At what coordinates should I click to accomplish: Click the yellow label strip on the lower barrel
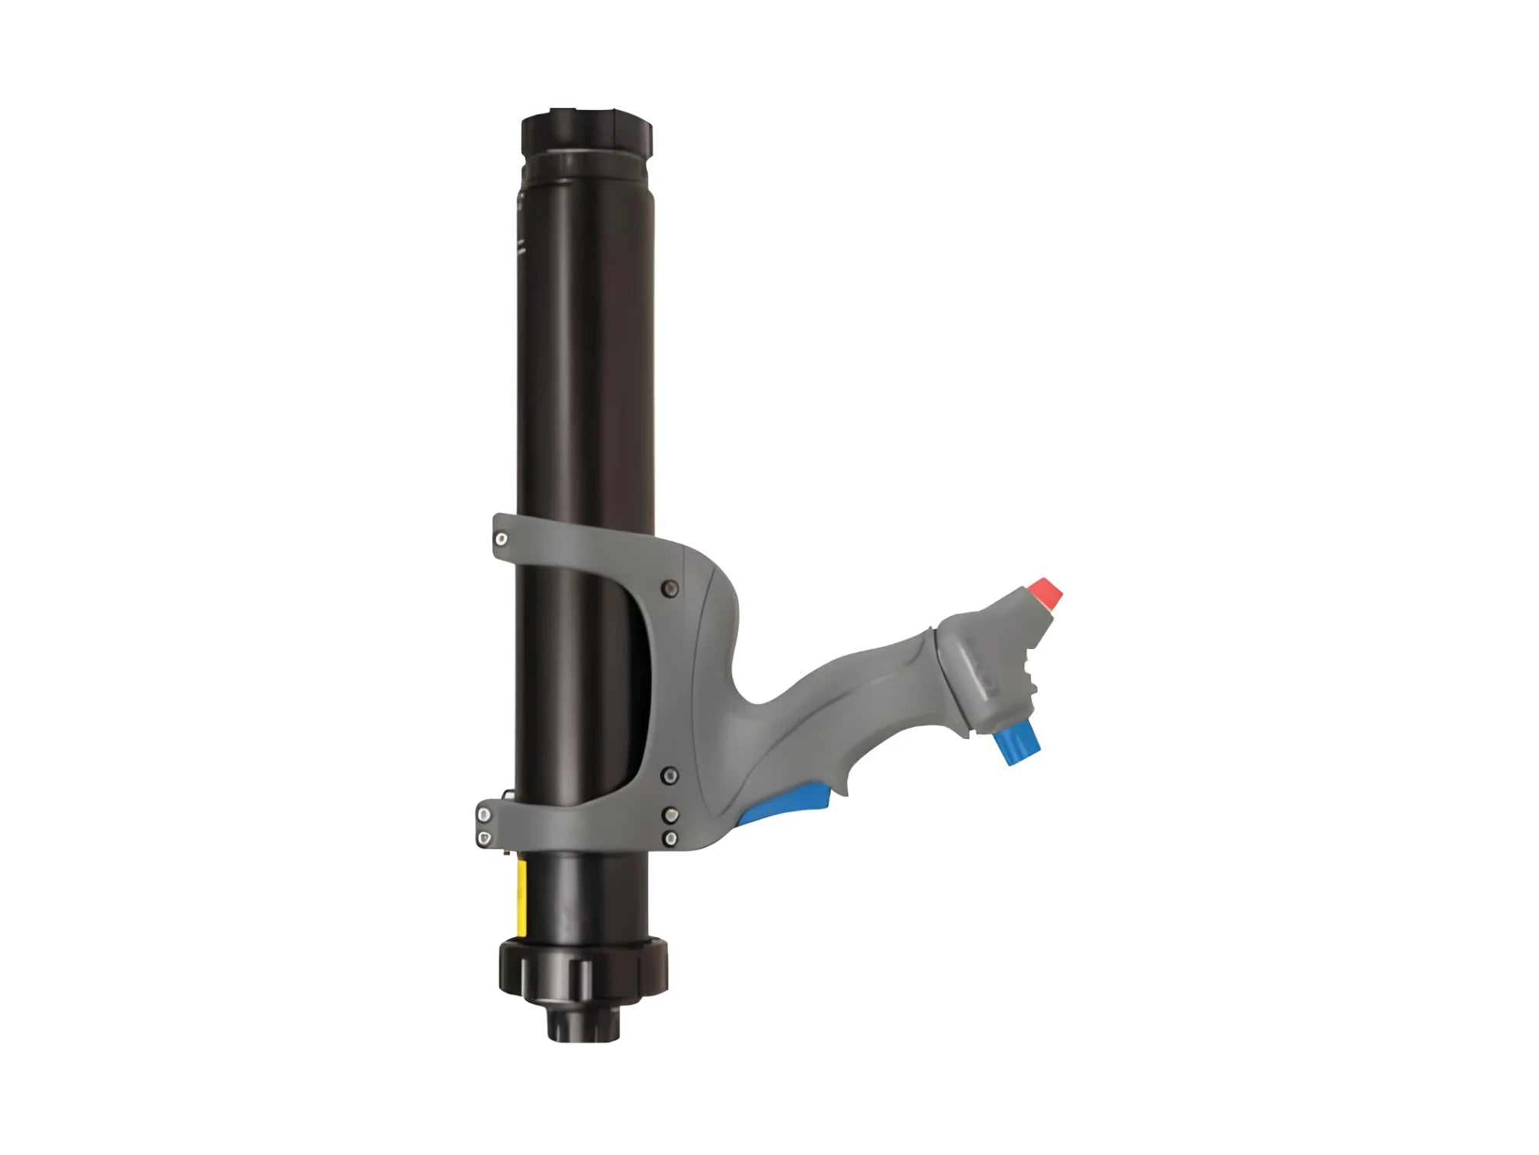[x=522, y=898]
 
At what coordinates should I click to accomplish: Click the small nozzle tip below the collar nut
[x=583, y=1021]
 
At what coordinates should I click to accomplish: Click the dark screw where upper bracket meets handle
[x=670, y=589]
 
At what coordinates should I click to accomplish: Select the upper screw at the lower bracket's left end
[x=484, y=815]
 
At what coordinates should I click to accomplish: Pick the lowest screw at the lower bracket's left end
[x=484, y=837]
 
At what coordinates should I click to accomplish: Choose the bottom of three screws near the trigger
[x=671, y=838]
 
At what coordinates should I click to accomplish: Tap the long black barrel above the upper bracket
[x=585, y=346]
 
